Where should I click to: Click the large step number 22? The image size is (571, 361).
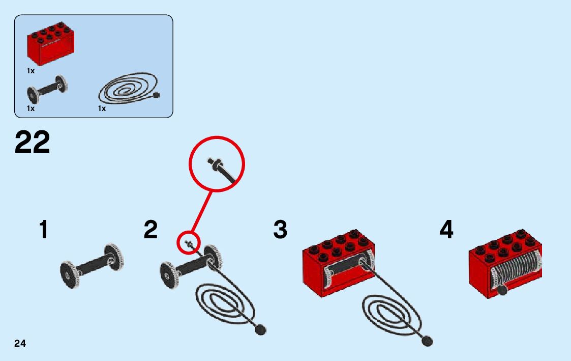(33, 142)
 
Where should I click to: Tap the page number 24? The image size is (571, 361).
(20, 343)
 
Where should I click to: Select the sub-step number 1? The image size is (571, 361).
(44, 230)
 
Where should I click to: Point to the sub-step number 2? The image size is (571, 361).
(151, 230)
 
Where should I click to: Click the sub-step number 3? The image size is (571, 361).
(280, 230)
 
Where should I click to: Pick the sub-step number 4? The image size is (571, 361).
(446, 230)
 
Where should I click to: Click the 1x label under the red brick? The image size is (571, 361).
(31, 71)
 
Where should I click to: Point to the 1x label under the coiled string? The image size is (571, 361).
(102, 108)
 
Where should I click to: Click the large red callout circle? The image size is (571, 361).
(217, 164)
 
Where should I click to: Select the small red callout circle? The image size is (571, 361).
(189, 243)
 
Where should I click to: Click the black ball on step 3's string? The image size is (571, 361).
(428, 341)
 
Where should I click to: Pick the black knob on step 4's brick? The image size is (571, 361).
(502, 290)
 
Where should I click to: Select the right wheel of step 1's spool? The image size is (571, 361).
(114, 258)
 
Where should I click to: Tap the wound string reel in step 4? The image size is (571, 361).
(514, 270)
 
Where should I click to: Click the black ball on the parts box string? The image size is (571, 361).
(156, 95)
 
